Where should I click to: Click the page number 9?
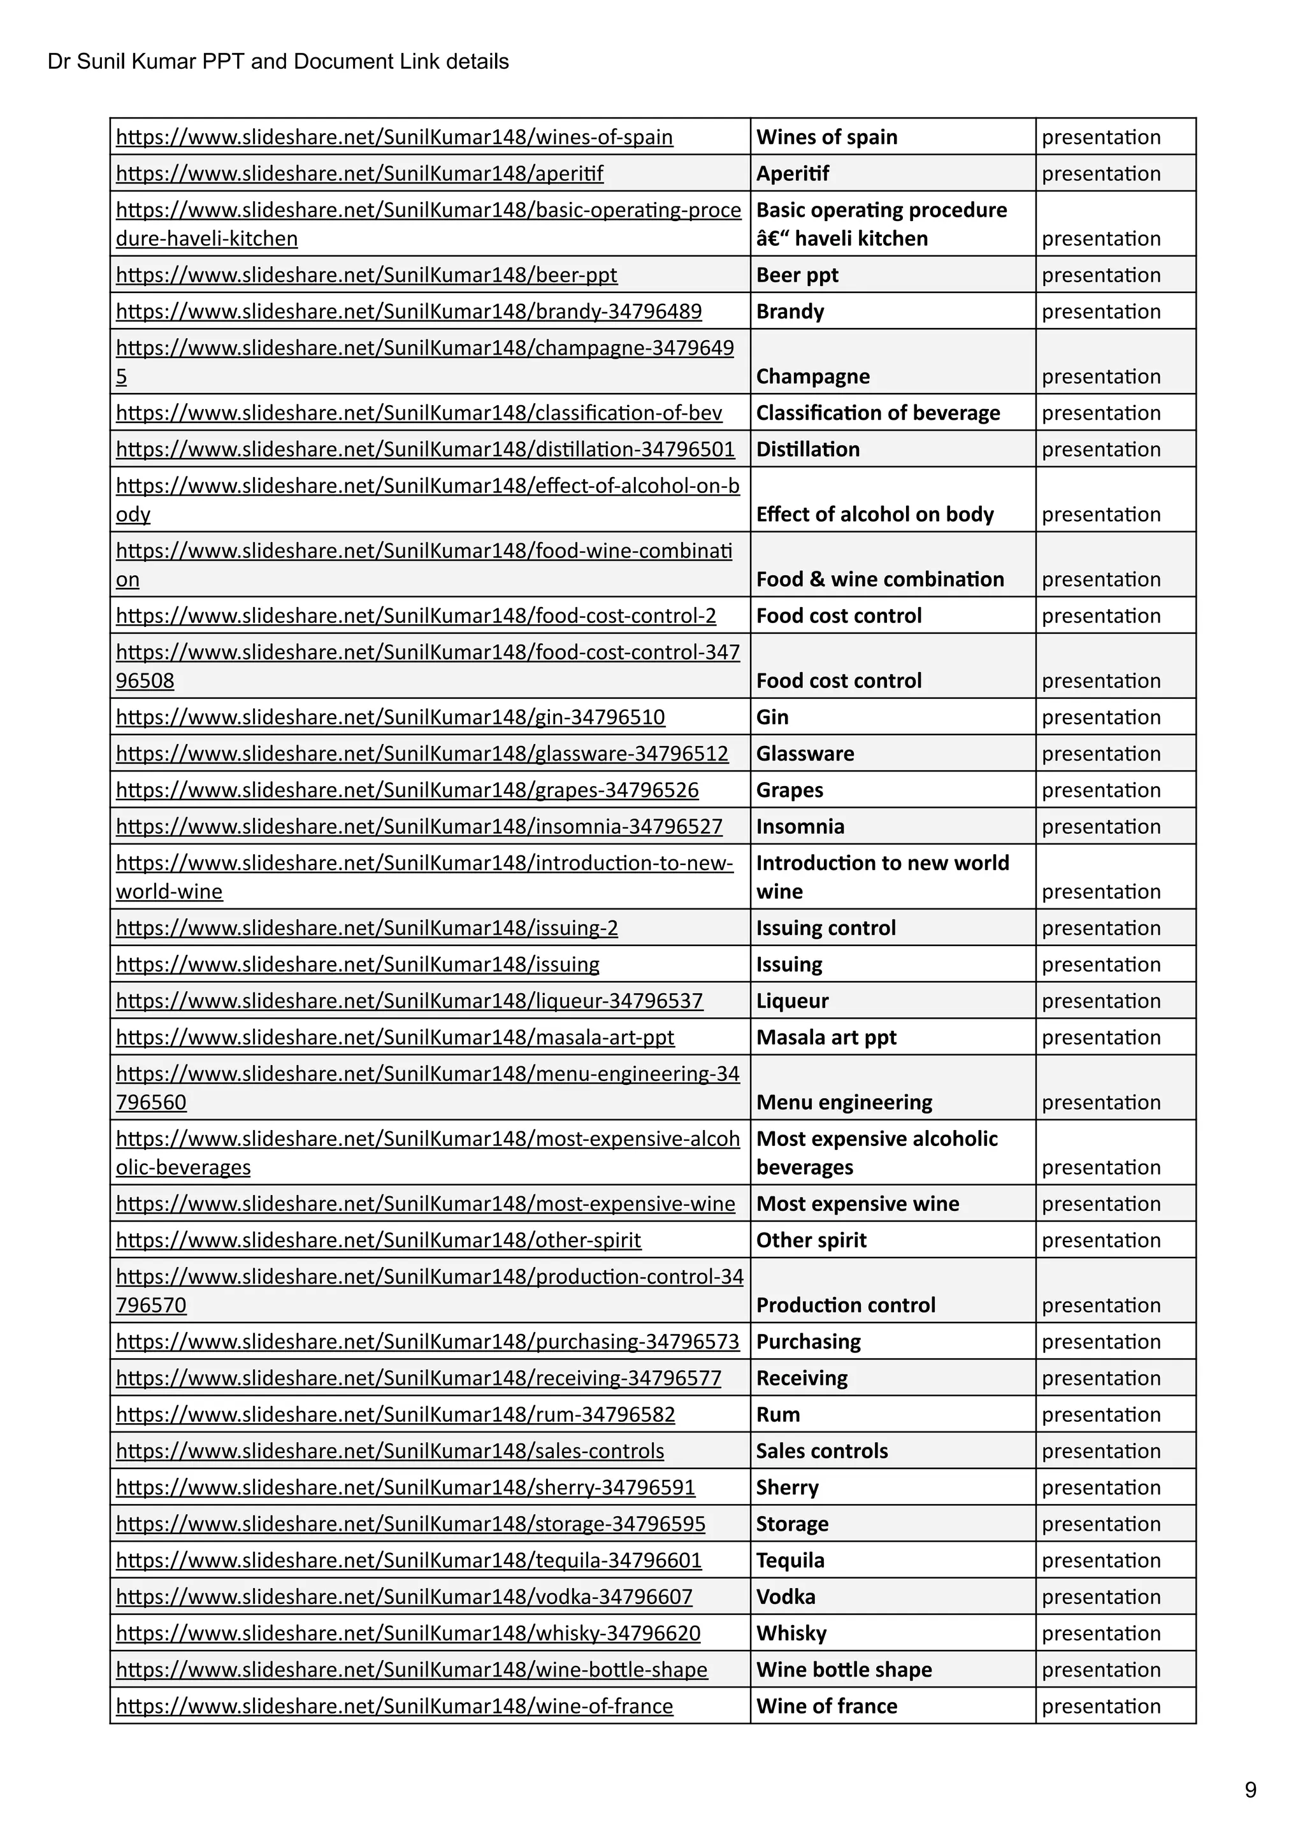point(1250,1789)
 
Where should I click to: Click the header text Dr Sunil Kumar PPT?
point(278,62)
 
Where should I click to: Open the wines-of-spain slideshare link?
point(394,137)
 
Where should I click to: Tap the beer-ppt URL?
point(366,275)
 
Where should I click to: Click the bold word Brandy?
point(789,312)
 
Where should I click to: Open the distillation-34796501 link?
point(425,449)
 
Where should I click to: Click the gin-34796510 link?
point(391,717)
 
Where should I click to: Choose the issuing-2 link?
point(366,928)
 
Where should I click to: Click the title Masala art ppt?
point(825,1038)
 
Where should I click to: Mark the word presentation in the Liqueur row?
point(1100,1001)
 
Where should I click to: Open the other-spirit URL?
point(379,1240)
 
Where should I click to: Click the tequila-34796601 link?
point(408,1561)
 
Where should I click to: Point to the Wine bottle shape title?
point(844,1670)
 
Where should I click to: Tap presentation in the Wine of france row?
point(1100,1707)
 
